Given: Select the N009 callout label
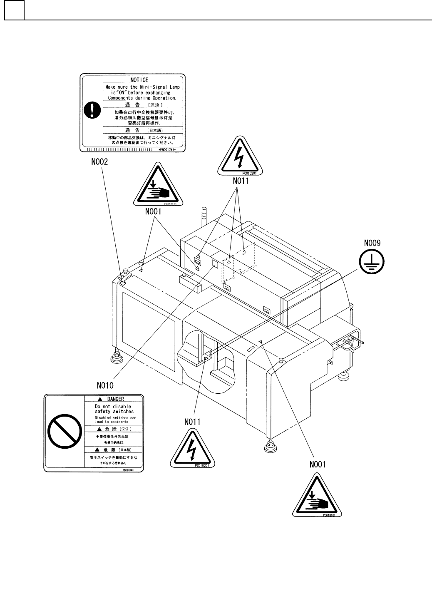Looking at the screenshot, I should pyautogui.click(x=372, y=243).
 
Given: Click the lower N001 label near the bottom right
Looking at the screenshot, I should pyautogui.click(x=318, y=464).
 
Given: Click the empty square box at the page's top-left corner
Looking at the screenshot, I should pyautogui.click(x=14, y=10).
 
